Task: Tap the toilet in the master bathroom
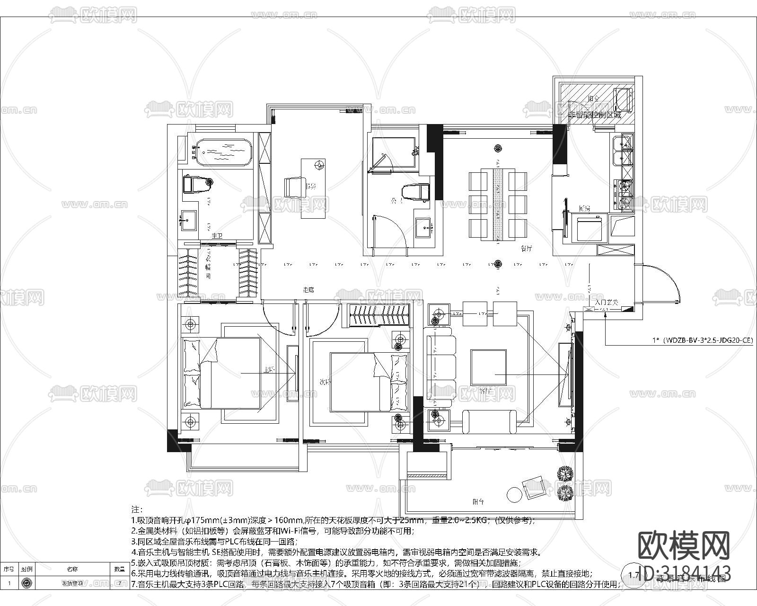coord(197,184)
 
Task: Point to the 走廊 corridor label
coord(308,289)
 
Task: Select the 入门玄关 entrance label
coord(607,302)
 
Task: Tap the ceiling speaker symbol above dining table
coord(497,148)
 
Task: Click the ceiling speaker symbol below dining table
coord(497,264)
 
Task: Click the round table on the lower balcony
coord(514,494)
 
